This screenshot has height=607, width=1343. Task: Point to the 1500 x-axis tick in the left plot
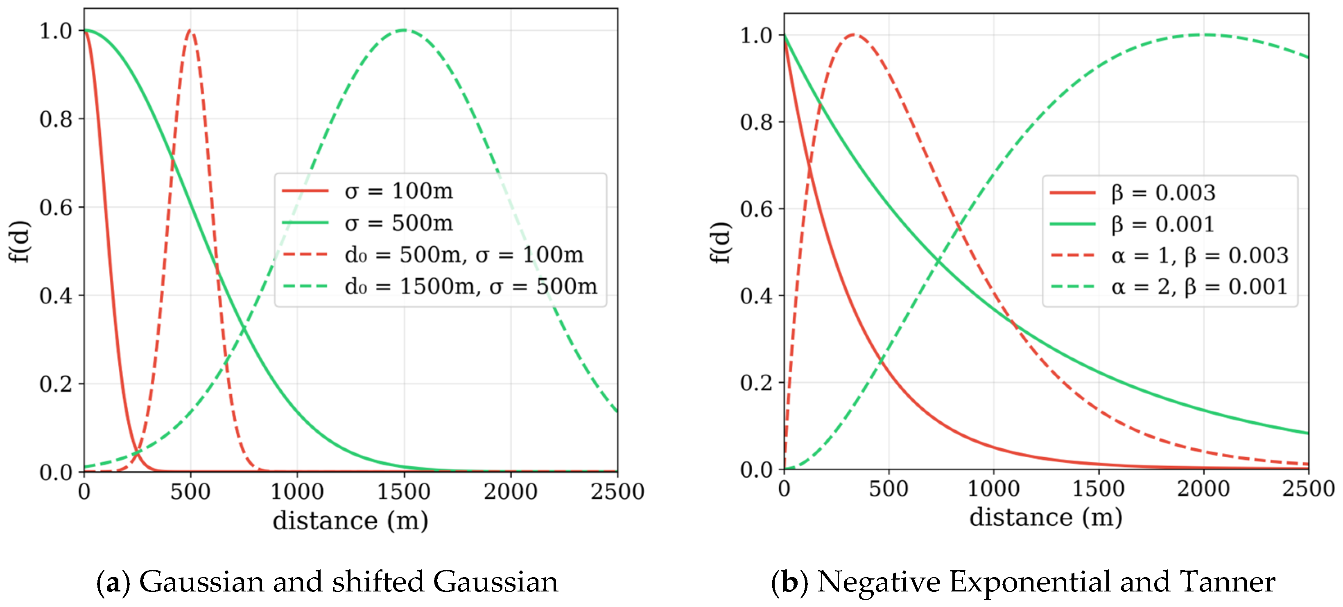[404, 491]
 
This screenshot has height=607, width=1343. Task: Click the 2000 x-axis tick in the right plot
[1203, 489]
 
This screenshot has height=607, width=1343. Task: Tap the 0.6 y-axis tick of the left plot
[56, 207]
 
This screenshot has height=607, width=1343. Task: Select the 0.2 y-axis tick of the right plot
[756, 382]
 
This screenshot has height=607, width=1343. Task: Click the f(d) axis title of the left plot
[20, 241]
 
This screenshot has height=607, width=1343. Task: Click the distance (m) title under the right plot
[1046, 517]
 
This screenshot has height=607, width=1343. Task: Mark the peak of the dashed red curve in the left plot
[190, 30]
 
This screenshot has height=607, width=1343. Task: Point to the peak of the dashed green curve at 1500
[404, 30]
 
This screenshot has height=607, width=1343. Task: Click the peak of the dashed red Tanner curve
[853, 34]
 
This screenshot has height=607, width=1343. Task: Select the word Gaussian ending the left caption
[495, 582]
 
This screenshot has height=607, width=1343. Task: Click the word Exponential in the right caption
[1030, 582]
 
